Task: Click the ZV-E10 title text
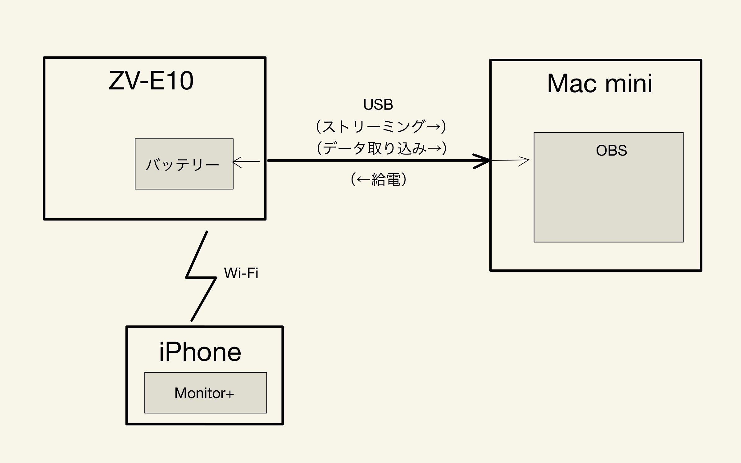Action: pos(151,81)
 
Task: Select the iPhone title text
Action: pos(200,352)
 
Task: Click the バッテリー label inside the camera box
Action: pos(183,165)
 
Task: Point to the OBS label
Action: pos(611,151)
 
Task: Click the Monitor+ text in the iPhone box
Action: pos(204,393)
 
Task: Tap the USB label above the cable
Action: pos(378,105)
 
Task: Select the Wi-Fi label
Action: pos(241,273)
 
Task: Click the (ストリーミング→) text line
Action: pos(381,127)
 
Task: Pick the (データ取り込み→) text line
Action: pos(381,148)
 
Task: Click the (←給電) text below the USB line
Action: pos(379,179)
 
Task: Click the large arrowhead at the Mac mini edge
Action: pos(482,161)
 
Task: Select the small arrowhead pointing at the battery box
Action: pos(237,162)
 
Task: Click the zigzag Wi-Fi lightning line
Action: pos(201,277)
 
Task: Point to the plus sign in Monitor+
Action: pos(230,394)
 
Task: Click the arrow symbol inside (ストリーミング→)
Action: pos(433,127)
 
